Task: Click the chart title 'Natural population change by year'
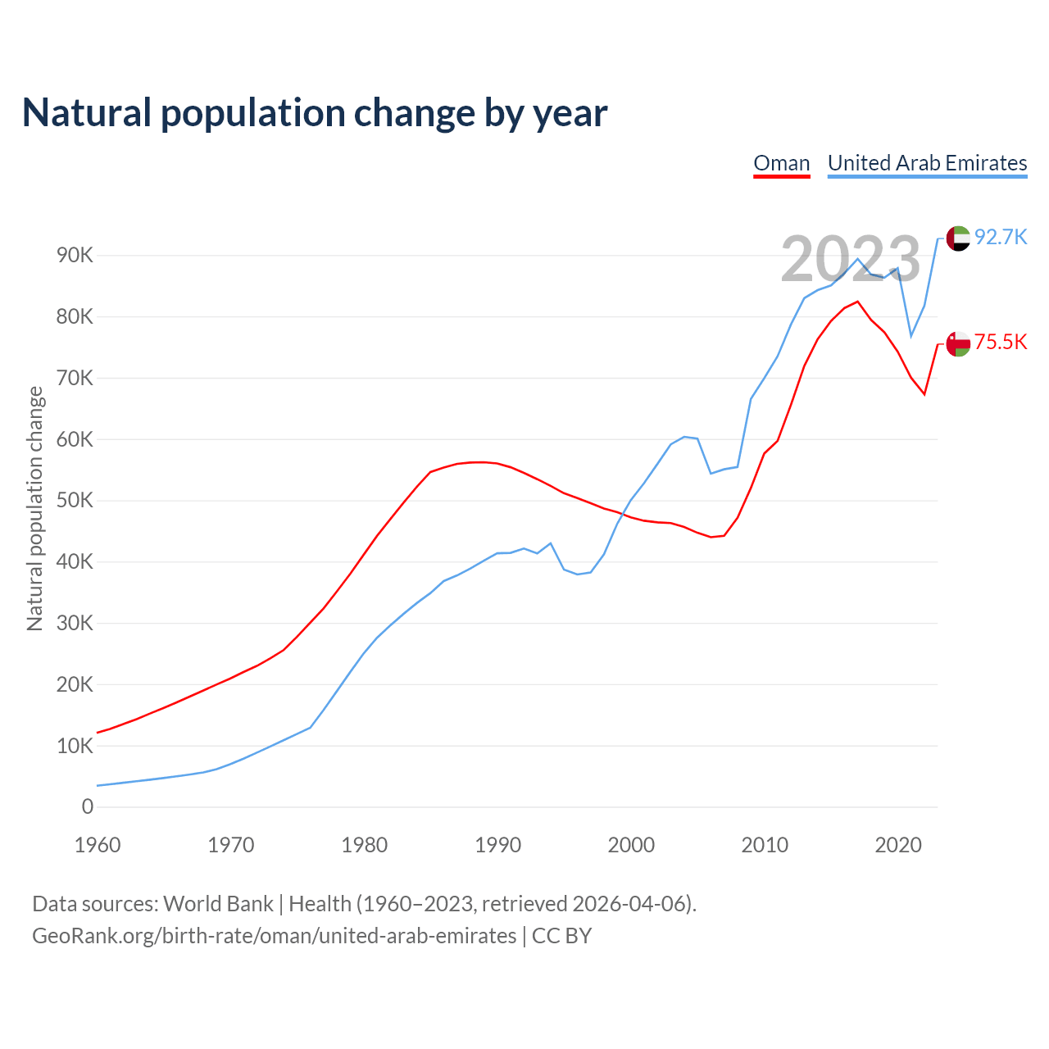pos(315,113)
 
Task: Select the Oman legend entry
pos(782,163)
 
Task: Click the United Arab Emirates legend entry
pos(927,163)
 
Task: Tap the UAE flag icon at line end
pos(958,238)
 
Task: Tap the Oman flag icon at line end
pos(958,343)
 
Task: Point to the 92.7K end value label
pos(1001,238)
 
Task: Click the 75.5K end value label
pos(1001,343)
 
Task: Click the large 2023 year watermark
pos(851,259)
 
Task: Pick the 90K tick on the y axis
pos(75,256)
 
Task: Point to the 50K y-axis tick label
pos(75,501)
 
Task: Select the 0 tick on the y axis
pos(88,807)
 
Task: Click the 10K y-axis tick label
pos(75,746)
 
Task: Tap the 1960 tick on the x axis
pos(98,845)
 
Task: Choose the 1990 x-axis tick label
pos(497,845)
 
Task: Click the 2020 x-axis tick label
pos(898,845)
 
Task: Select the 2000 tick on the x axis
pos(631,845)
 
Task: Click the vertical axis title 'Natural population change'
pos(35,509)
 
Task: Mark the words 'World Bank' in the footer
pos(218,904)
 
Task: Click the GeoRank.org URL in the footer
pos(275,936)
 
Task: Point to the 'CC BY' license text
pos(562,936)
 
